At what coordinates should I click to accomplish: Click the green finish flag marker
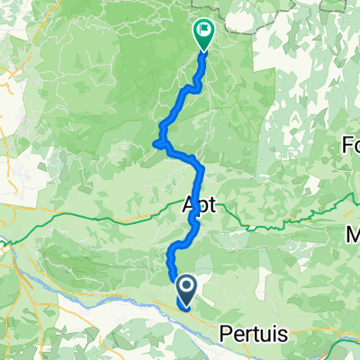203,34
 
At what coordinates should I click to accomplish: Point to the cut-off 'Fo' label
350,144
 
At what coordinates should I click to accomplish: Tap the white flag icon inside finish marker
203,32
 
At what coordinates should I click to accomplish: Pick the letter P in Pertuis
225,333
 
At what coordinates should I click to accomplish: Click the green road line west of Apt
108,219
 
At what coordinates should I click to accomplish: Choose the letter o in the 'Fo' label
355,144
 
